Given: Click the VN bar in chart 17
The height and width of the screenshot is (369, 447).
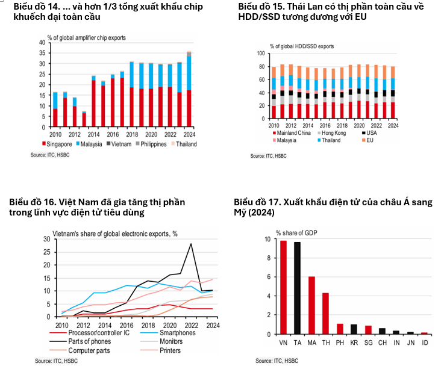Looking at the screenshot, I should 283,287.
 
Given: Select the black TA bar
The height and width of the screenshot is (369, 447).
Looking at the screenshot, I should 296,288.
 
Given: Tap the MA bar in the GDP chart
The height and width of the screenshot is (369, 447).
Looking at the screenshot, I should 311,305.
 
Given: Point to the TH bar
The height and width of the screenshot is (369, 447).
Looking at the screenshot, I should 325,313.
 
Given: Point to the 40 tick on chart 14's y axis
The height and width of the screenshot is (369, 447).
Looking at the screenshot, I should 42,43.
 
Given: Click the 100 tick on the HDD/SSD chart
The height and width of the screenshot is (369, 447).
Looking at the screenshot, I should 261,54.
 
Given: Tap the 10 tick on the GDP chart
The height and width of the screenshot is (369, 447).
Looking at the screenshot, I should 267,239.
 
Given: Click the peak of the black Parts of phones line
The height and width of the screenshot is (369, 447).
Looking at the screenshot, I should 191,244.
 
